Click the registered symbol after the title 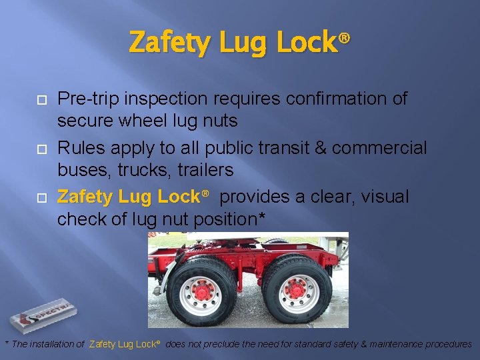pos(344,39)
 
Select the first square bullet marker pos(40,99)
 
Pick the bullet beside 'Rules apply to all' pos(40,149)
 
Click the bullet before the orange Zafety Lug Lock pos(40,198)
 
